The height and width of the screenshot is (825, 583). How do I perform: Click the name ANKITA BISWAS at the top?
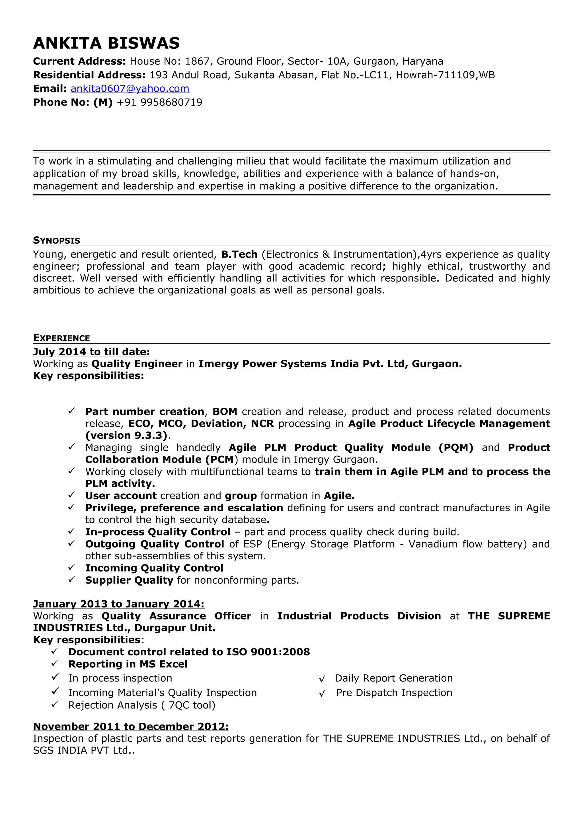pyautogui.click(x=106, y=44)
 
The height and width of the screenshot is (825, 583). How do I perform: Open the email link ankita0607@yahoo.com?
pyautogui.click(x=130, y=89)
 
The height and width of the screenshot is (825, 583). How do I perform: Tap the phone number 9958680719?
pyautogui.click(x=171, y=102)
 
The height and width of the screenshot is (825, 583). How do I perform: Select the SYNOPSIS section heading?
pyautogui.click(x=56, y=240)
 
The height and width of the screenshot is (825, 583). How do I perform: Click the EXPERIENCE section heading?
pyautogui.click(x=61, y=338)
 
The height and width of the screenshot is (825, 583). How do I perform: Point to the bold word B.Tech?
pyautogui.click(x=239, y=255)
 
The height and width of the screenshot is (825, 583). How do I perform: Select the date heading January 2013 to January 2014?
pyautogui.click(x=118, y=604)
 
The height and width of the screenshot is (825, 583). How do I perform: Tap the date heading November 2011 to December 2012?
pyautogui.click(x=131, y=727)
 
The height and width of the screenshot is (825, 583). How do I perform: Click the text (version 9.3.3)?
pyautogui.click(x=126, y=436)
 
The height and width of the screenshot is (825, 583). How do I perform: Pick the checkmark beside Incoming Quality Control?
pyautogui.click(x=71, y=568)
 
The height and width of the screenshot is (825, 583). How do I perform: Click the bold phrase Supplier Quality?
pyautogui.click(x=129, y=580)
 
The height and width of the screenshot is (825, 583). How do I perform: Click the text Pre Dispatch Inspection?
pyautogui.click(x=394, y=693)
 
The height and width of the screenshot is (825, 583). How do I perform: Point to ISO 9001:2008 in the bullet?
pyautogui.click(x=268, y=652)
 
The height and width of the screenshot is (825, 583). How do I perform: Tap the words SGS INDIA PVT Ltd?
pyautogui.click(x=81, y=751)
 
